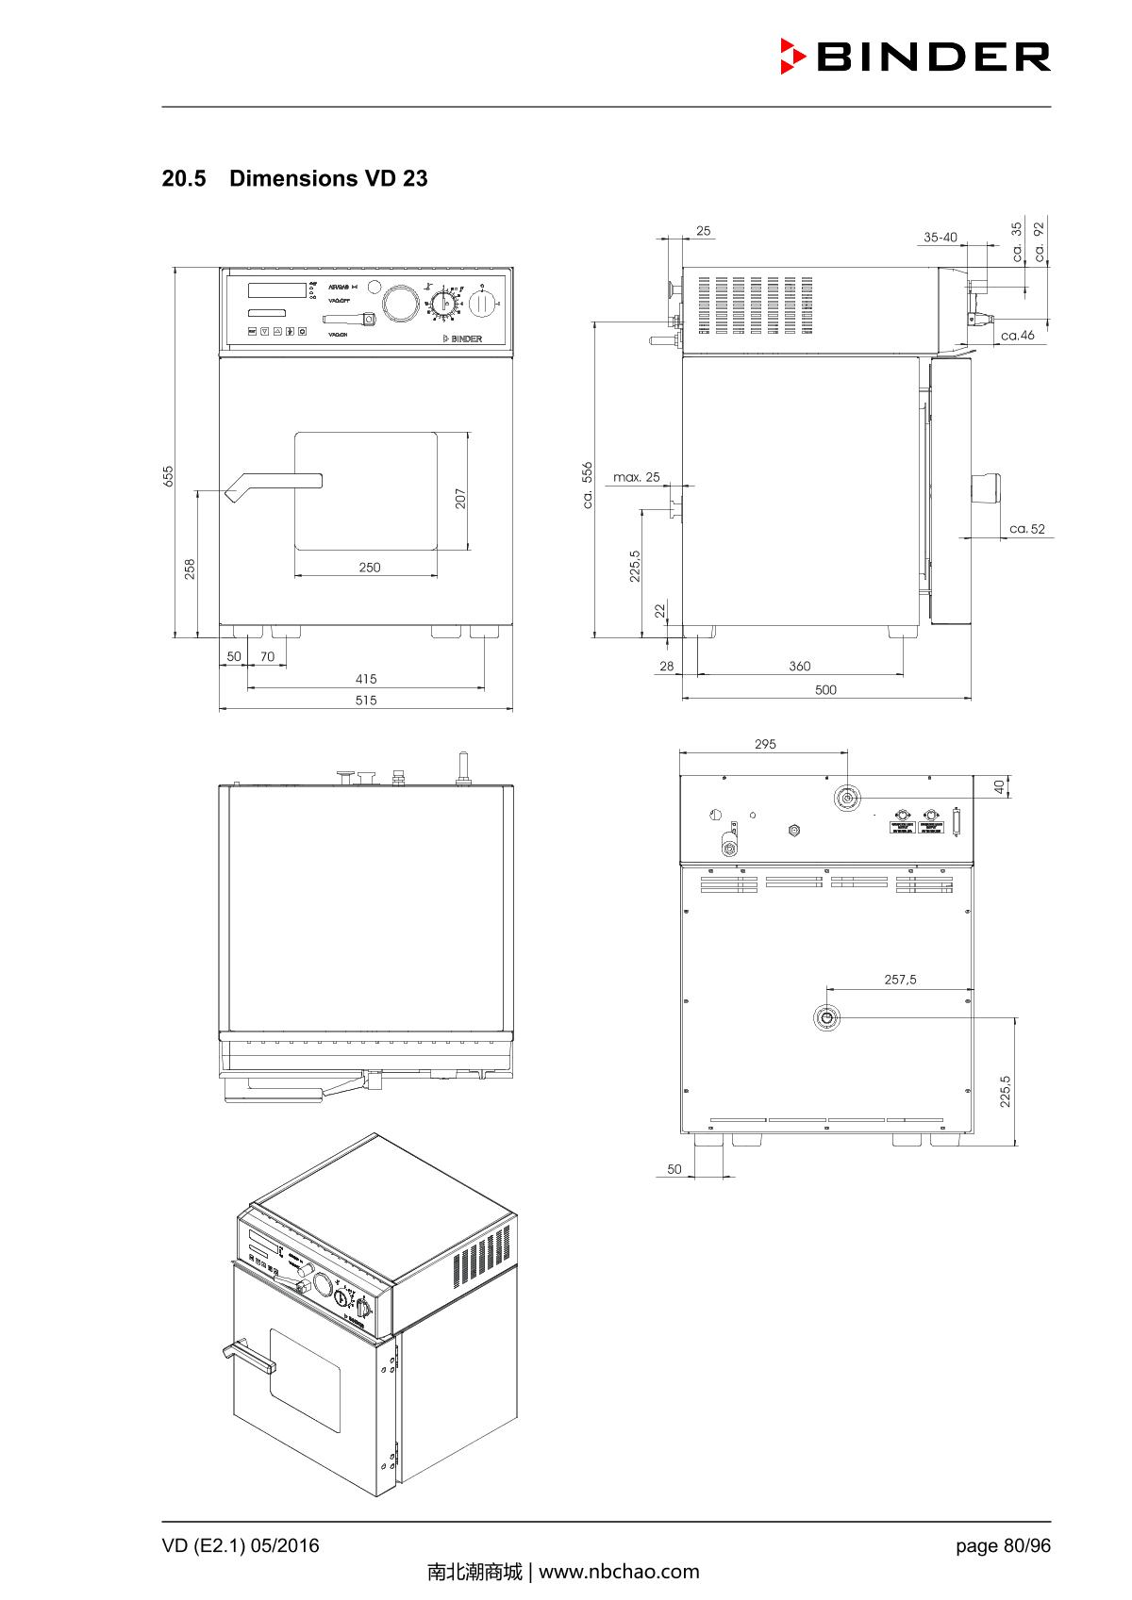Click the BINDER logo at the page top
[x=915, y=57]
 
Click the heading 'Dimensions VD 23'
[x=327, y=178]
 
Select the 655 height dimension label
[x=168, y=475]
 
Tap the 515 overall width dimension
[x=366, y=701]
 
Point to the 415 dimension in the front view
[x=366, y=679]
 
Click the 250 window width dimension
[x=370, y=568]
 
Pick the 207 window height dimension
[x=460, y=498]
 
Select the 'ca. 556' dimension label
[x=587, y=485]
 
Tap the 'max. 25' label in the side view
[x=637, y=477]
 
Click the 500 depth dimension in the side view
[x=825, y=690]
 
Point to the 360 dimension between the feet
[x=799, y=667]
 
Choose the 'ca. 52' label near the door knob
[x=1027, y=529]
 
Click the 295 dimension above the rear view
[x=765, y=744]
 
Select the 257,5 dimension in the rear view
[x=900, y=980]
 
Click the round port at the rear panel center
[x=825, y=1017]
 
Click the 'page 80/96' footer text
[x=1003, y=1545]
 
